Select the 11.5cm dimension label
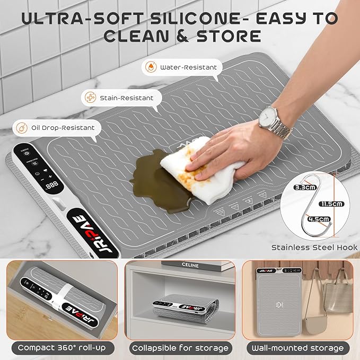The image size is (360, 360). [332, 204]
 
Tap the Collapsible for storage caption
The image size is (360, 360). [180, 348]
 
